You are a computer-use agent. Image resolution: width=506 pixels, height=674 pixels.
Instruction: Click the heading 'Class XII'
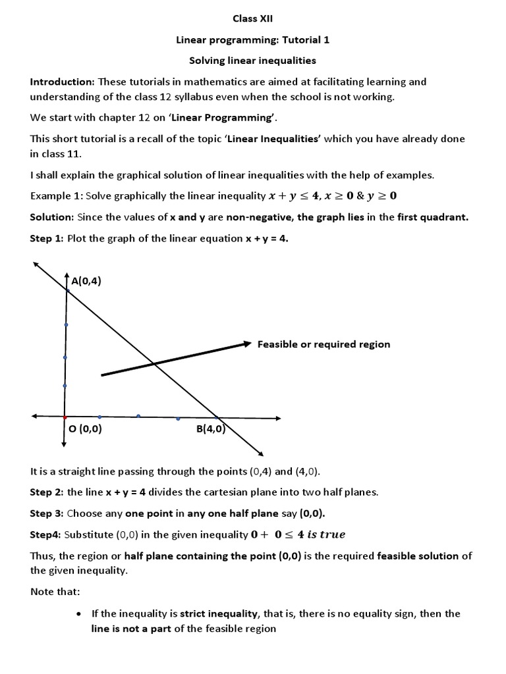click(x=253, y=19)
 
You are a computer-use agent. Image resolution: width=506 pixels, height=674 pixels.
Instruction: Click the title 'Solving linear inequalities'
click(x=253, y=61)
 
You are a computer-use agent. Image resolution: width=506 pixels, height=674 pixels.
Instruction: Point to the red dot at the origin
click(x=65, y=417)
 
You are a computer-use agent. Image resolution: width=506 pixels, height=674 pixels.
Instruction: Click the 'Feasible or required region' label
click(x=323, y=344)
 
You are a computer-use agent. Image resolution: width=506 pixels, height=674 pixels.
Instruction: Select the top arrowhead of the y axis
click(x=67, y=275)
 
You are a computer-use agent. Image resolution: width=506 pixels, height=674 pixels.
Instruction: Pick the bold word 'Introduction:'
click(x=63, y=82)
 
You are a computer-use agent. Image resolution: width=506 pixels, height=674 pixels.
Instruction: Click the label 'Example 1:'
click(x=56, y=196)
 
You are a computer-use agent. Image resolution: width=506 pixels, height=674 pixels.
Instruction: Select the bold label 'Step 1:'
click(x=47, y=238)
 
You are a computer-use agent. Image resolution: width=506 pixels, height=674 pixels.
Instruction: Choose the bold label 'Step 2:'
click(x=47, y=492)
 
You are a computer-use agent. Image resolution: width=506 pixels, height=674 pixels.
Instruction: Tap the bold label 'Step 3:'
click(x=47, y=513)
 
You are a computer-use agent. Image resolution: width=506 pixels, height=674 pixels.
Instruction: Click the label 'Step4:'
click(x=45, y=534)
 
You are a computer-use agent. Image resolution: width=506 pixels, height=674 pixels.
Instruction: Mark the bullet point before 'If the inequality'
click(x=79, y=613)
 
